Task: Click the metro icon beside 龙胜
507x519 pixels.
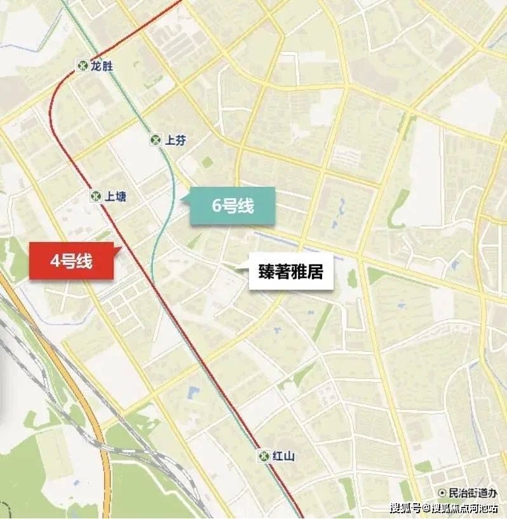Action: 83,65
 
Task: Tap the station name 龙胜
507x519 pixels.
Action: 102,65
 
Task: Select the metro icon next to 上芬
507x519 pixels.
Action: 156,140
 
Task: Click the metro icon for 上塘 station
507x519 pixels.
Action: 96,196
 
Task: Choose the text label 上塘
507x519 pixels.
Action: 116,196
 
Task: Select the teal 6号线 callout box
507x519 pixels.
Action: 233,206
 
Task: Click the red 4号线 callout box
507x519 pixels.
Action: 71,261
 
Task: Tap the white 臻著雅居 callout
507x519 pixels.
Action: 291,273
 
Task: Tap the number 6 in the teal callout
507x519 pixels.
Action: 217,206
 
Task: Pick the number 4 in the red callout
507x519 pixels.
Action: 56,261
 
